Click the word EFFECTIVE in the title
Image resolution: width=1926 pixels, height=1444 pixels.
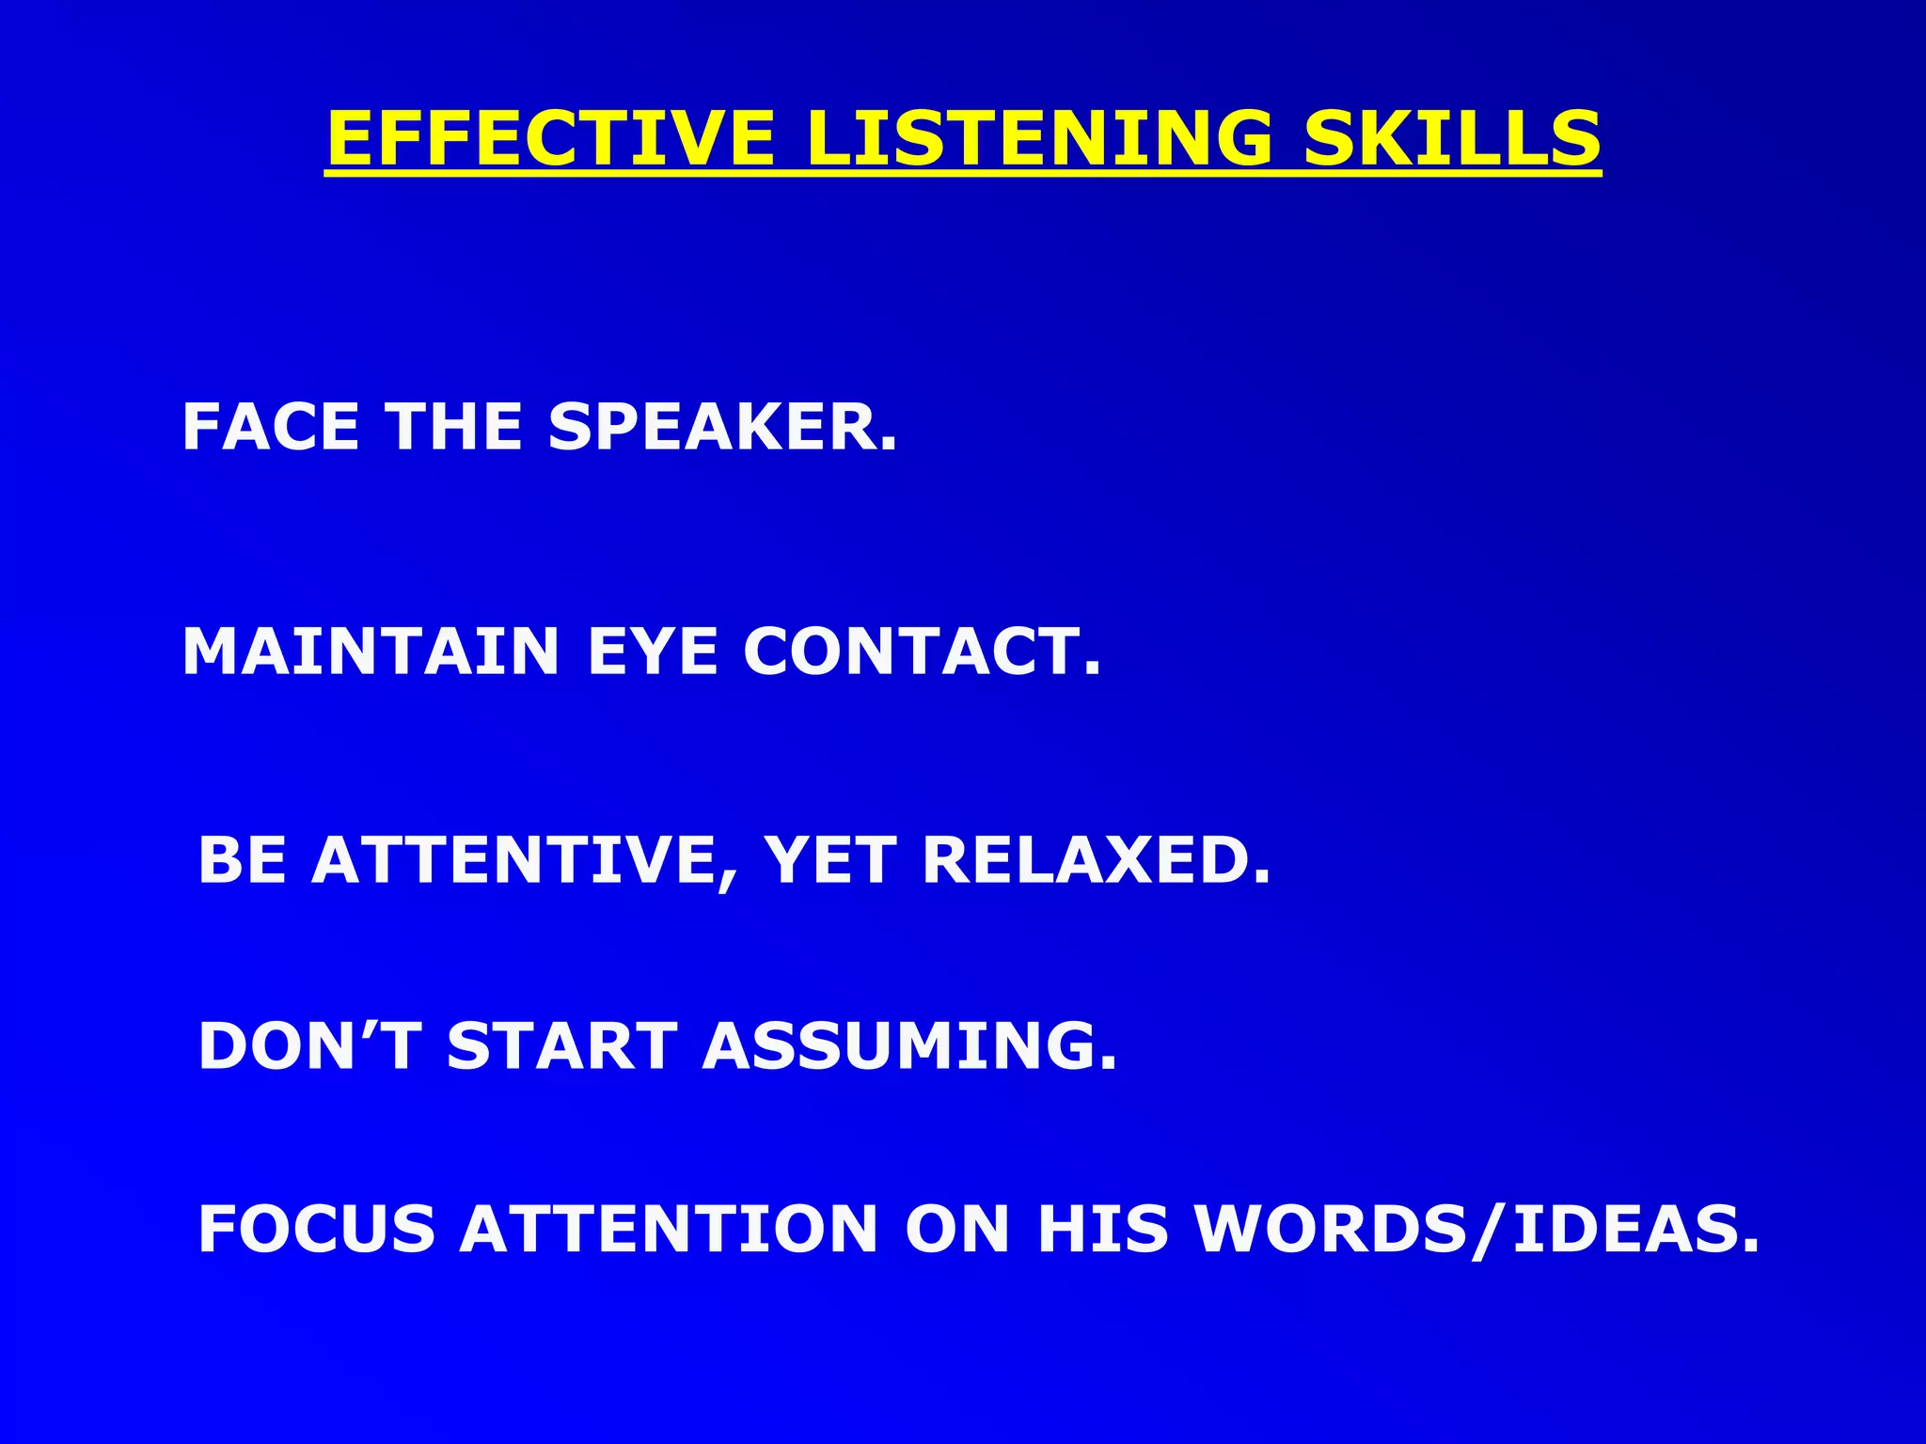[551, 138]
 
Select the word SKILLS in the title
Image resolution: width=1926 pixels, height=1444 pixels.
[1452, 138]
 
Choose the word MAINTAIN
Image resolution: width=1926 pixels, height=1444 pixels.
[371, 651]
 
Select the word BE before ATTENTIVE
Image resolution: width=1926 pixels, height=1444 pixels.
[242, 860]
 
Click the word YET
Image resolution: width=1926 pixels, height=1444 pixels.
[829, 860]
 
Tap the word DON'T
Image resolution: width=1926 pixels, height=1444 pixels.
[308, 1046]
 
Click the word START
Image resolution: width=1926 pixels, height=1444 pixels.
[561, 1046]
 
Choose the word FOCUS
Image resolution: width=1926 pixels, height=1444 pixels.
[317, 1229]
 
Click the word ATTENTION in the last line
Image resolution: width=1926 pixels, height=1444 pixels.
[669, 1229]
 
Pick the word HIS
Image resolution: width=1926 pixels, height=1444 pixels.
[1103, 1229]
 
